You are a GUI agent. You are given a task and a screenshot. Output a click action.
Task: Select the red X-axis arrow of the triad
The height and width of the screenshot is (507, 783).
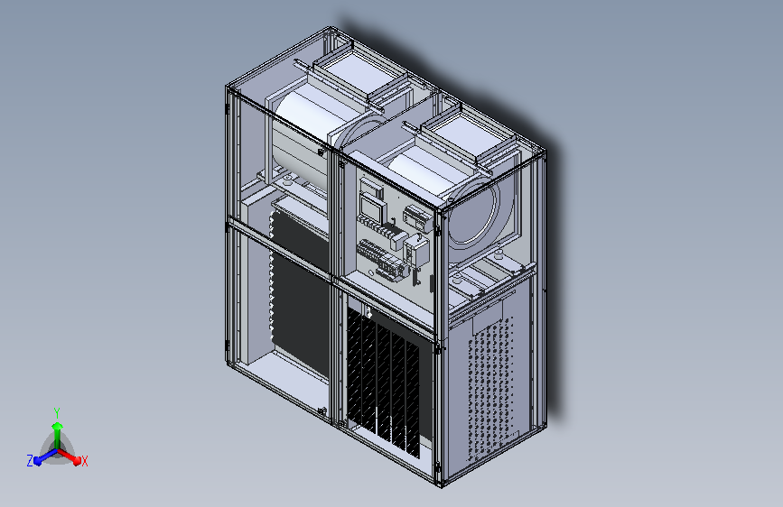click(x=72, y=456)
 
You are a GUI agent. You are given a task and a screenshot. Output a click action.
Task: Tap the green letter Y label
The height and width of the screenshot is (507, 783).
click(x=57, y=410)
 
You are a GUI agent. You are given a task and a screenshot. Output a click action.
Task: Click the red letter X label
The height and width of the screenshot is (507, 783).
click(x=84, y=461)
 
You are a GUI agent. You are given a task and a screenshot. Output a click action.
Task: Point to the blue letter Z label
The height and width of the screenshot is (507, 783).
click(x=30, y=461)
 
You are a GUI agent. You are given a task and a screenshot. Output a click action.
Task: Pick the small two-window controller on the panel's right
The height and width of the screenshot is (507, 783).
click(x=415, y=218)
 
